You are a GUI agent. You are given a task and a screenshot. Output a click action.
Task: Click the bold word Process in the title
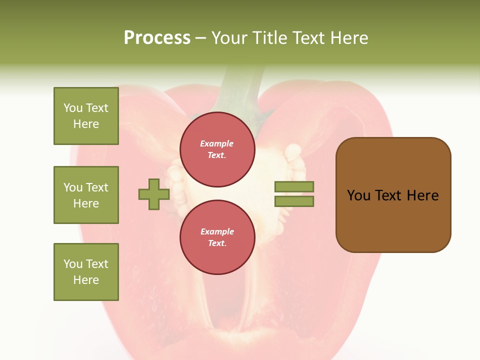157,38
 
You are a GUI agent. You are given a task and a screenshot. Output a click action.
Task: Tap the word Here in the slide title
349,38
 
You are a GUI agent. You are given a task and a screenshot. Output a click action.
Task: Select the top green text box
86,116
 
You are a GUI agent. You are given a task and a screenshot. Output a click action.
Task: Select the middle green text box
86,195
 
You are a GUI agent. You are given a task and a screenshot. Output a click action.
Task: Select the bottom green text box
86,272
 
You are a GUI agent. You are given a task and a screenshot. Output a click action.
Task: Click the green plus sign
154,194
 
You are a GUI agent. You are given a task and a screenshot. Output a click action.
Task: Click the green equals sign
294,194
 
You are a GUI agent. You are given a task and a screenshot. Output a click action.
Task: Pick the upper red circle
217,149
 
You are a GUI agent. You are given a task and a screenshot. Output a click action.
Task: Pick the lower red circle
217,237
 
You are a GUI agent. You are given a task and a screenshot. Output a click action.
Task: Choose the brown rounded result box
393,195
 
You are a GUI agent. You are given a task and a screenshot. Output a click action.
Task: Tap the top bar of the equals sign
294,187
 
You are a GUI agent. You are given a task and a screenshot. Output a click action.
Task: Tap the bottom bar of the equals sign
294,201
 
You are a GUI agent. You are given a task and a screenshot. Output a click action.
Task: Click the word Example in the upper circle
217,143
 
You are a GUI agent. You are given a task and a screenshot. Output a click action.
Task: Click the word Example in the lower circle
217,231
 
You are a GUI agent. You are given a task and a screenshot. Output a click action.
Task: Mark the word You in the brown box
358,195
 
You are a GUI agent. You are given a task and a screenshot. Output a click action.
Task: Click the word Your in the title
231,38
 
